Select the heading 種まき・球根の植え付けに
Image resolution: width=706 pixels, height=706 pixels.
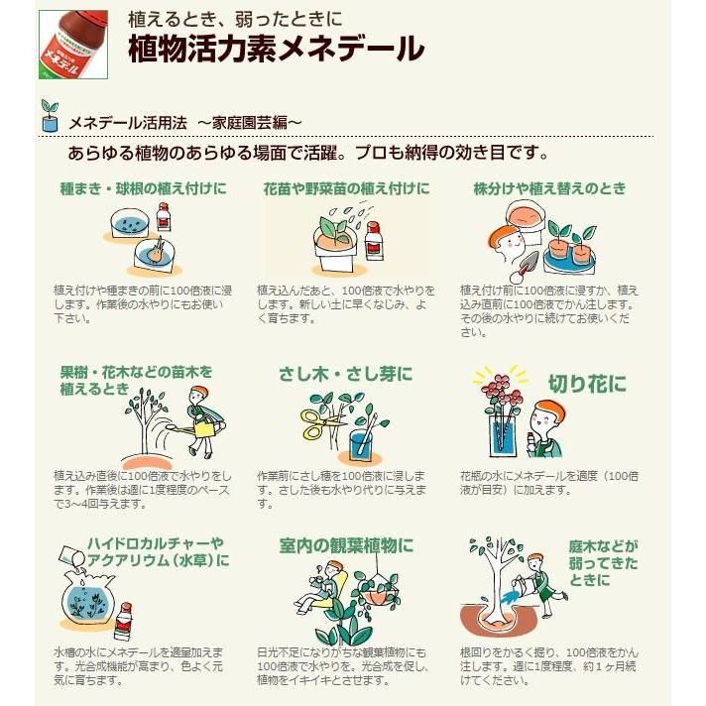pos(142,187)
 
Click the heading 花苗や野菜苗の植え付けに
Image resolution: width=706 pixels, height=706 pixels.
pos(346,187)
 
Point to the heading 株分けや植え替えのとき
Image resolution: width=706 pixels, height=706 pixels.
pos(549,187)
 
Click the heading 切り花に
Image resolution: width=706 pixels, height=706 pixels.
pos(587,383)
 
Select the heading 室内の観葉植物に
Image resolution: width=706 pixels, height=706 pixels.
pos(347,545)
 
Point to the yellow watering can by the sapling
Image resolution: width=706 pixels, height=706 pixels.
pos(205,426)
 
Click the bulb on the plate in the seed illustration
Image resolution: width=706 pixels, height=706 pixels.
pos(155,253)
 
